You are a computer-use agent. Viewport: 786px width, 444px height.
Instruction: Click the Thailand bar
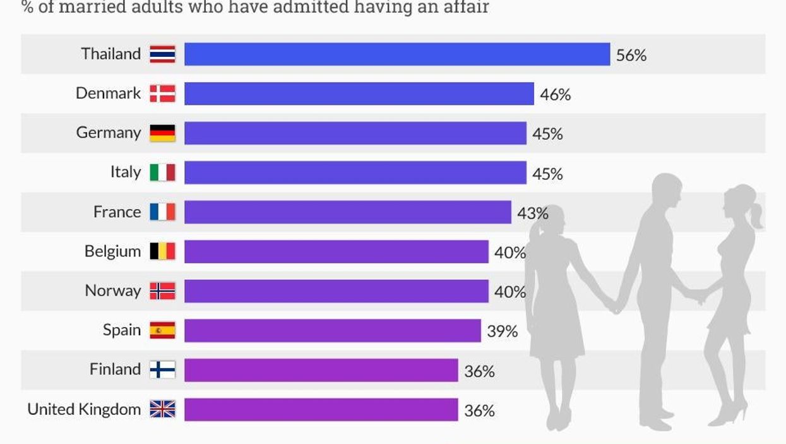[396, 54]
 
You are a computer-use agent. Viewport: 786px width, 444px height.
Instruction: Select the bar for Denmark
[359, 93]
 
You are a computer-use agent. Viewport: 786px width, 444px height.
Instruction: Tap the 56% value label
[631, 56]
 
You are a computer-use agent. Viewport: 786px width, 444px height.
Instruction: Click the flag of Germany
[162, 133]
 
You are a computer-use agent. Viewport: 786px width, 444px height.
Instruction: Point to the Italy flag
[162, 172]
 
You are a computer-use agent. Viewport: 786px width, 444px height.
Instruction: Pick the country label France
[117, 212]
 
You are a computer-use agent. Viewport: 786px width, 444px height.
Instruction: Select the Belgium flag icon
[162, 251]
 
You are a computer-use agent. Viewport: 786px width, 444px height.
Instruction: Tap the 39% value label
[502, 331]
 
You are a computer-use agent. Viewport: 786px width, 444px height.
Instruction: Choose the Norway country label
[112, 291]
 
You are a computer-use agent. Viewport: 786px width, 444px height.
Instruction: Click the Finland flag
[162, 369]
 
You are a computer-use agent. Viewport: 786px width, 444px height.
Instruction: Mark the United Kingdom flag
[162, 409]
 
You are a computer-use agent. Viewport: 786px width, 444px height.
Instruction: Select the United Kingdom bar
[321, 409]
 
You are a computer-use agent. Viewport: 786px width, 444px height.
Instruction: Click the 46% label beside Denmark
[556, 95]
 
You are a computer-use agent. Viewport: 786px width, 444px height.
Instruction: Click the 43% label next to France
[533, 213]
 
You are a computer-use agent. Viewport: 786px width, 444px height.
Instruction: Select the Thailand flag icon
[162, 54]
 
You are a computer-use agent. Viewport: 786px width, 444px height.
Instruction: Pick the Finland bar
[321, 370]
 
